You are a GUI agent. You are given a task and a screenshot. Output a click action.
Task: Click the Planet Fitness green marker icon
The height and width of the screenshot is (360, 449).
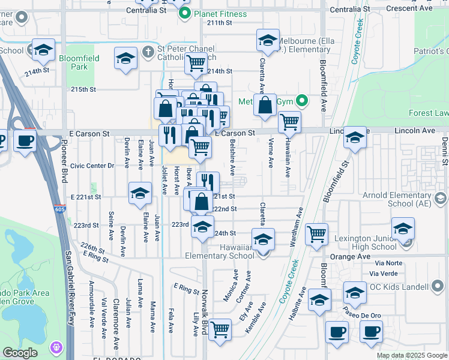point(185,13)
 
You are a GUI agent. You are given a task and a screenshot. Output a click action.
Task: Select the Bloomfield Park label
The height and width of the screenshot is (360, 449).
point(74,62)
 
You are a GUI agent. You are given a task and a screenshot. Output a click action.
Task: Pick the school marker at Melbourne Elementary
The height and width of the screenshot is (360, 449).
point(268,41)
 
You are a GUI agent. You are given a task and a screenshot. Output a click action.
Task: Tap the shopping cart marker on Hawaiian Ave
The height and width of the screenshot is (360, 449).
point(289,122)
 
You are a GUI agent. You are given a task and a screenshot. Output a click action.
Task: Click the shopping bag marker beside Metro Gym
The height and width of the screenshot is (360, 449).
point(265,106)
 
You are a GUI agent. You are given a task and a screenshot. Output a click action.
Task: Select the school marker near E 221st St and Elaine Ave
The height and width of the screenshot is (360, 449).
point(140,193)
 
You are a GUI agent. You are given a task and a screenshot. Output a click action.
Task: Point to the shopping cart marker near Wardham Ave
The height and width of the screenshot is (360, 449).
point(316,234)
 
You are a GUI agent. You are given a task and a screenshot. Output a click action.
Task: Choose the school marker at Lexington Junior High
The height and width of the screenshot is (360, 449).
point(402,229)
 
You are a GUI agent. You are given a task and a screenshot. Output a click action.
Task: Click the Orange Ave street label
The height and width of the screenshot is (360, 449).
point(389,256)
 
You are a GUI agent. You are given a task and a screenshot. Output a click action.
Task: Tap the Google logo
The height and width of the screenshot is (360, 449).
point(20,353)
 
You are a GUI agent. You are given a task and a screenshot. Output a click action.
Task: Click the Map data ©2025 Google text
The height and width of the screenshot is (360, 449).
point(411,355)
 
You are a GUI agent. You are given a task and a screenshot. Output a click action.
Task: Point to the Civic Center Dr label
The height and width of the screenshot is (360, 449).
point(92,165)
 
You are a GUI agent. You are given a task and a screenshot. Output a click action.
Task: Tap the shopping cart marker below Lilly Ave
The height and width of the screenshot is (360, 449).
point(220,329)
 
